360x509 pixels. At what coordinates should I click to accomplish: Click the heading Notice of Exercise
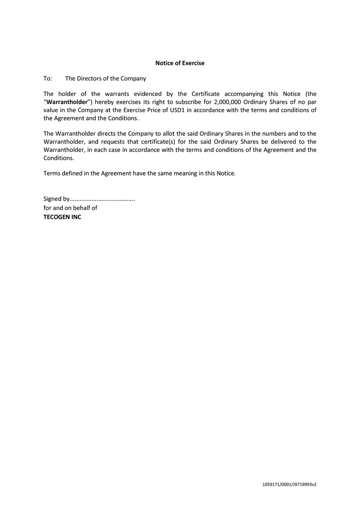coord(180,63)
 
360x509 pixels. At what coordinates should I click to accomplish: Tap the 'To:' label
coord(48,79)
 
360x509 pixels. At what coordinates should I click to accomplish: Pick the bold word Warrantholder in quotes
coord(67,102)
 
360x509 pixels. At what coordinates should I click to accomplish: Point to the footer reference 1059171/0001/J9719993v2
coord(289,484)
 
